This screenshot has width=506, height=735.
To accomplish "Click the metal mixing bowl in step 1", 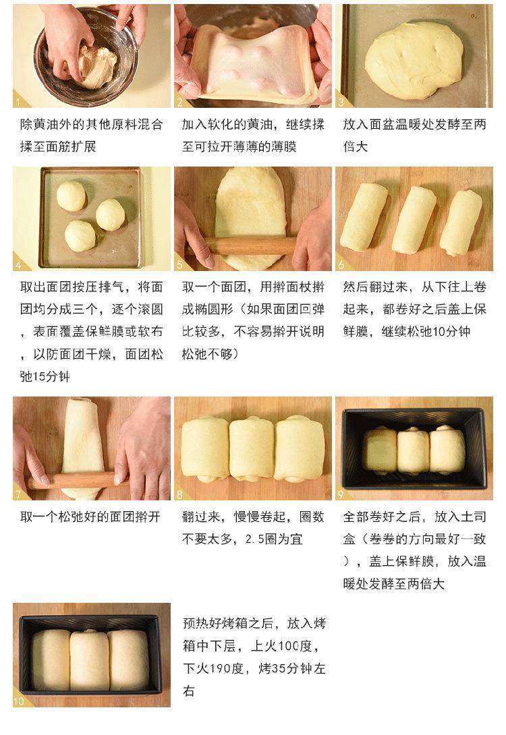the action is (88, 57).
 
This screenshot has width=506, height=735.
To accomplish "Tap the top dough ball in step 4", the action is (71, 196).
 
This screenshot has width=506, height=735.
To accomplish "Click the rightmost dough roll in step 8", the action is (299, 449).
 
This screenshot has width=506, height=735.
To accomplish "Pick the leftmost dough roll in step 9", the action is (380, 450).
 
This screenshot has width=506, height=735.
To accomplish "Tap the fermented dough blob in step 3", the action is (414, 60).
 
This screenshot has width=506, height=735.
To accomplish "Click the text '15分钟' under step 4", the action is (51, 376).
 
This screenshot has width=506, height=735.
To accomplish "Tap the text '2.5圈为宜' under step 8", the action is (274, 539).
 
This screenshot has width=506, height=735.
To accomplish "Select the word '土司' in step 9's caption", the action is (473, 517).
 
